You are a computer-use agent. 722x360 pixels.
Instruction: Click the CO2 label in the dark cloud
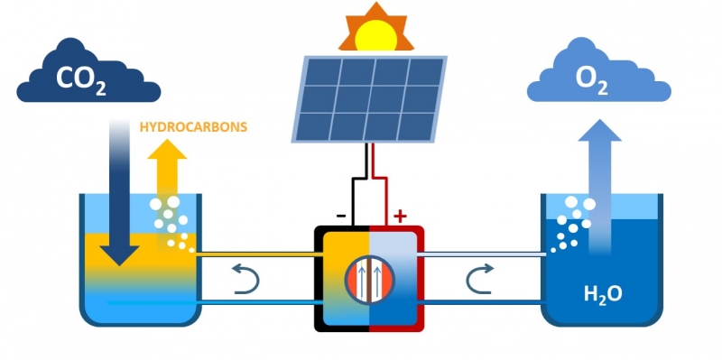(81, 79)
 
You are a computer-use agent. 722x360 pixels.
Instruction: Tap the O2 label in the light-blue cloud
(592, 79)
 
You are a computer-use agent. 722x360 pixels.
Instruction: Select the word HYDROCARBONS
(193, 127)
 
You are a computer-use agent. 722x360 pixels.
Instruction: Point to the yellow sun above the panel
(375, 35)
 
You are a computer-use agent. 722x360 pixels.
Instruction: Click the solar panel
(369, 99)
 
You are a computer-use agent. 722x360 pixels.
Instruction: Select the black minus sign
(341, 216)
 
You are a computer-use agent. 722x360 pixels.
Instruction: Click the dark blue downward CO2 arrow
(119, 192)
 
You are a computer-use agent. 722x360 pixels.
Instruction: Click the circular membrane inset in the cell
(369, 280)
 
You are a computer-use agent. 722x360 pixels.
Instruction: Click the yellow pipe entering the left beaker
(258, 254)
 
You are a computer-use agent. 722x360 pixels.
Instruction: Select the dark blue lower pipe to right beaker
(482, 302)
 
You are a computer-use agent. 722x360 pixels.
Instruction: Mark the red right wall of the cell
(421, 279)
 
